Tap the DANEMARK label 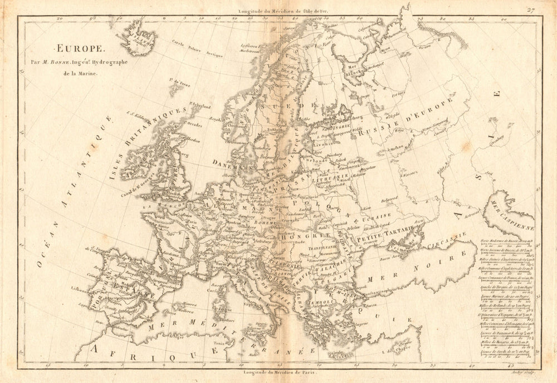233,162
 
